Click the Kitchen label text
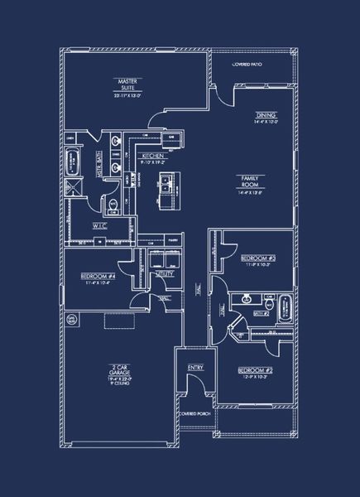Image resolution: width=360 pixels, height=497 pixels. [x=152, y=155]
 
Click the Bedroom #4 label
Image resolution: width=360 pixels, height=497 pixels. [x=97, y=276]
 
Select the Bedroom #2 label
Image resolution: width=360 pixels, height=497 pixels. [x=254, y=369]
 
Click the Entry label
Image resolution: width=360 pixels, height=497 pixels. [x=195, y=368]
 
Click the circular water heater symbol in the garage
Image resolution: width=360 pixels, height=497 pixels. [x=72, y=317]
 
